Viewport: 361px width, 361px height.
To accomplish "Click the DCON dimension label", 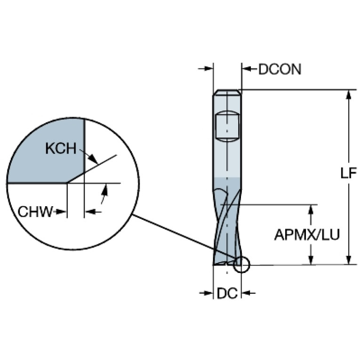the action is pyautogui.click(x=280, y=69).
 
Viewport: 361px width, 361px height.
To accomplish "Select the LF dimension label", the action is pyautogui.click(x=349, y=173).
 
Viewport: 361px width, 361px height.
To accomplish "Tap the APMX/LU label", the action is pyautogui.click(x=307, y=235).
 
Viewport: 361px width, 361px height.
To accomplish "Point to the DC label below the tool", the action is pyautogui.click(x=227, y=293).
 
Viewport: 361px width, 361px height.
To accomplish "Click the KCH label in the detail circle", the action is pyautogui.click(x=61, y=149).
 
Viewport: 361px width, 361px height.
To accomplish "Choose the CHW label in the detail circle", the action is pyautogui.click(x=35, y=212).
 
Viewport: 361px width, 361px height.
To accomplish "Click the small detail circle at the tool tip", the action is pyautogui.click(x=241, y=265).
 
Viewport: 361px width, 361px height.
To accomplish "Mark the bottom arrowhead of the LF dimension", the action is pyautogui.click(x=349, y=260).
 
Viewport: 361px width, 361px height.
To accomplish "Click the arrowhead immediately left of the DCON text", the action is pyautogui.click(x=247, y=69).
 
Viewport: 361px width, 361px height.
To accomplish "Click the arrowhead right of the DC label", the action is pyautogui.click(x=246, y=293).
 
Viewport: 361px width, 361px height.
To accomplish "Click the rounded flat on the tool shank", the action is pyautogui.click(x=227, y=127).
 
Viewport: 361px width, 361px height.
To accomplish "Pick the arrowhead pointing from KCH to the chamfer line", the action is pyautogui.click(x=93, y=158).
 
